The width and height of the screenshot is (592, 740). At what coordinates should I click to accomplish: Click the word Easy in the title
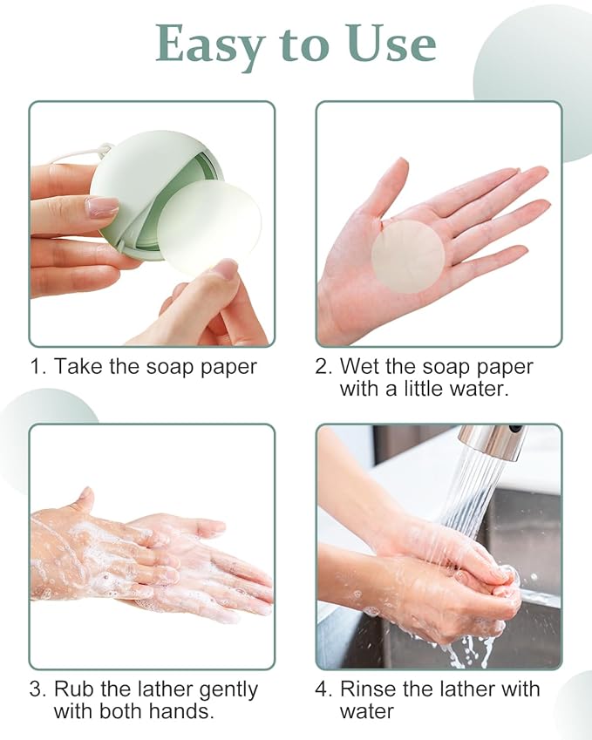coord(205,43)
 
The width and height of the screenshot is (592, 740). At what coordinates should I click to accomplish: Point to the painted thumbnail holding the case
coord(102,207)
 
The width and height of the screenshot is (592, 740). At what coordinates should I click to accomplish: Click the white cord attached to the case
coord(78,154)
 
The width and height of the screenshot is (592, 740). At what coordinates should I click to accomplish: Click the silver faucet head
coord(493,441)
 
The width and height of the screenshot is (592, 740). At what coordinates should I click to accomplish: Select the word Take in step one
coord(78,366)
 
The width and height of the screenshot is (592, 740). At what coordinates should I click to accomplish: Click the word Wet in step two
coord(358,366)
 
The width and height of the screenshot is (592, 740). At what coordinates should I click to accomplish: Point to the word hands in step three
coord(182,711)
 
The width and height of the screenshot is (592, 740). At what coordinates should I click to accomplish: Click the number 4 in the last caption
coord(323,689)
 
